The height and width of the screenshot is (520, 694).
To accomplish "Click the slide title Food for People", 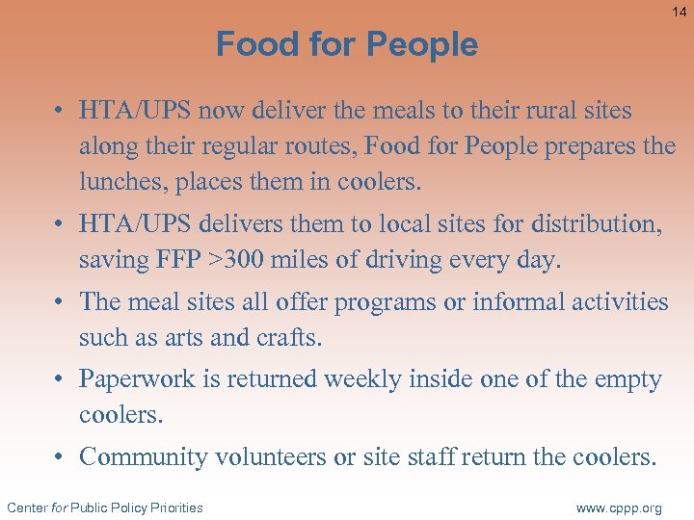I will [x=347, y=44].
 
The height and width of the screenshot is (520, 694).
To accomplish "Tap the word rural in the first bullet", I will [x=544, y=111].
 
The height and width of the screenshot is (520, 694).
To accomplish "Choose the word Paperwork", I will [x=138, y=379].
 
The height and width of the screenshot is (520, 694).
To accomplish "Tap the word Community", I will [x=144, y=456].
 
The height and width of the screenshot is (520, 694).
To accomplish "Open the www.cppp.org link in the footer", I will [x=618, y=507].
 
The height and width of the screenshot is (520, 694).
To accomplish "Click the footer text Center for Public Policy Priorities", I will [x=104, y=507].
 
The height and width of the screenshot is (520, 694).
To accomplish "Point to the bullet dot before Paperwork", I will [x=60, y=379].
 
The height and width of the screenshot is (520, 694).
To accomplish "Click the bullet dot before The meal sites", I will [x=60, y=302].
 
